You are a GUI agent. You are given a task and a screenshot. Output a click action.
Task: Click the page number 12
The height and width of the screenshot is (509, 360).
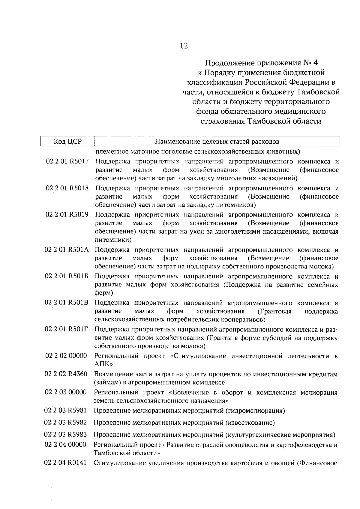[184, 46]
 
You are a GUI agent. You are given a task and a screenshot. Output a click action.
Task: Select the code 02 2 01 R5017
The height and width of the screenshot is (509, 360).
[67, 162]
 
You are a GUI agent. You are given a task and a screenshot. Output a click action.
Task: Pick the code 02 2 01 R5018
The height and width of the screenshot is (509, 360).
[67, 188]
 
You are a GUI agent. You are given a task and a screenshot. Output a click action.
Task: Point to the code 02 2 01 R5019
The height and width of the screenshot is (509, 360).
[67, 215]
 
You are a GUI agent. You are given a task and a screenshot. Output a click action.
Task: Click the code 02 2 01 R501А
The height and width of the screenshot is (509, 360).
[67, 250]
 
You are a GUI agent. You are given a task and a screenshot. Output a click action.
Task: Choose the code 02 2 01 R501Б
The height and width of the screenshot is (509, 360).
[67, 277]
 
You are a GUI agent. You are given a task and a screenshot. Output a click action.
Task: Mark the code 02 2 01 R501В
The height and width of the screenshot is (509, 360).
[67, 303]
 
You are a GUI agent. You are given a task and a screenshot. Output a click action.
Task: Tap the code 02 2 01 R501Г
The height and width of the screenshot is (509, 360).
[67, 330]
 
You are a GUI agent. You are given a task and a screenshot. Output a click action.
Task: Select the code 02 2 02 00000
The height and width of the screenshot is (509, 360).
[66, 356]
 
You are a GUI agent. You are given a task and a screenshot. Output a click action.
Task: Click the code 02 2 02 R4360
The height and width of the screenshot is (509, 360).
[66, 374]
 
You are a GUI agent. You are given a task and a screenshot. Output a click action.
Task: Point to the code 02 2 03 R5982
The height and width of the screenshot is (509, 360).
[66, 423]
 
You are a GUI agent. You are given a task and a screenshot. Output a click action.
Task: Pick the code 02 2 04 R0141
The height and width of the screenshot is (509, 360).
[65, 463]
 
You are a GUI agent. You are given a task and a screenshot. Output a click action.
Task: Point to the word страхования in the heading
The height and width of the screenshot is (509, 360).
[223, 121]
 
